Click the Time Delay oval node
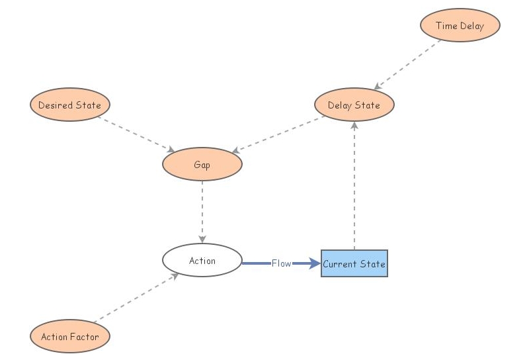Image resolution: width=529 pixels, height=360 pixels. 460,26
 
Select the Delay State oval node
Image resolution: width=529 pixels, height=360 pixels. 354,105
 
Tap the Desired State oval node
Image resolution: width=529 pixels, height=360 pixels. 70,105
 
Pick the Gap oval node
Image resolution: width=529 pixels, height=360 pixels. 202,165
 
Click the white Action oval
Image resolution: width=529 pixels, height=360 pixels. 202,261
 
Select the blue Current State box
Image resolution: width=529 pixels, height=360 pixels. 354,263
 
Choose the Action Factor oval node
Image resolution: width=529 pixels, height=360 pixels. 70,336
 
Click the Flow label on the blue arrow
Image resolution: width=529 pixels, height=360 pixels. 281,263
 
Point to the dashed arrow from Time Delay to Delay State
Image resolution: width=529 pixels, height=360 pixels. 409,64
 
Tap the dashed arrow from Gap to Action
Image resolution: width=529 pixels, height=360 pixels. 202,212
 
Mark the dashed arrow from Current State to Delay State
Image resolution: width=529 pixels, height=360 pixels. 354,185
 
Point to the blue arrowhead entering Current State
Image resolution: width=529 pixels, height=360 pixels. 313,263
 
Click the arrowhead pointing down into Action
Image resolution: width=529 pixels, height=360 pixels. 202,239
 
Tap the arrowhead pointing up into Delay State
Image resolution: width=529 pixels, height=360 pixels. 354,126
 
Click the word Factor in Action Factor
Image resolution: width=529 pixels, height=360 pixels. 85,336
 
